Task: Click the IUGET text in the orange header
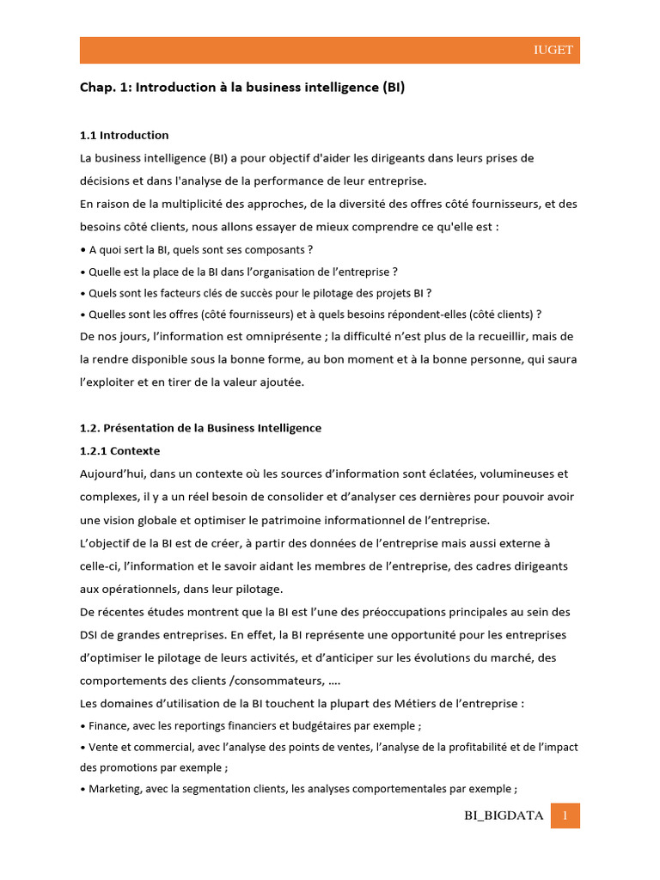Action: [552, 51]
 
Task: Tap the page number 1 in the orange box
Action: [565, 816]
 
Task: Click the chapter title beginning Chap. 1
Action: [242, 88]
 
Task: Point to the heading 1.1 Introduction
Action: [124, 135]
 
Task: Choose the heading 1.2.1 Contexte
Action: [119, 450]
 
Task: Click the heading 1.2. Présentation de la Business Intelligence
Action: [200, 428]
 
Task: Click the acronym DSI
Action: [90, 635]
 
